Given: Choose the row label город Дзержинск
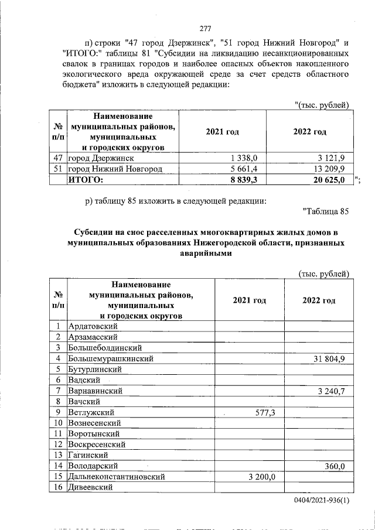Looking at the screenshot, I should pos(101,158).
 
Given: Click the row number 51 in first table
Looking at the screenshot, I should pos(57,169).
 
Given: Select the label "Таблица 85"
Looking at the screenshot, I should pos(326,211).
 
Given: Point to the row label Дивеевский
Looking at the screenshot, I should pos(90,487).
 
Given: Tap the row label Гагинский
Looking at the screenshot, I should pos(88,455).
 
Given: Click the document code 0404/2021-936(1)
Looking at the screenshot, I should pos(322,502).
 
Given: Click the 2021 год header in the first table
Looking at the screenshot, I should pos(222,132).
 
